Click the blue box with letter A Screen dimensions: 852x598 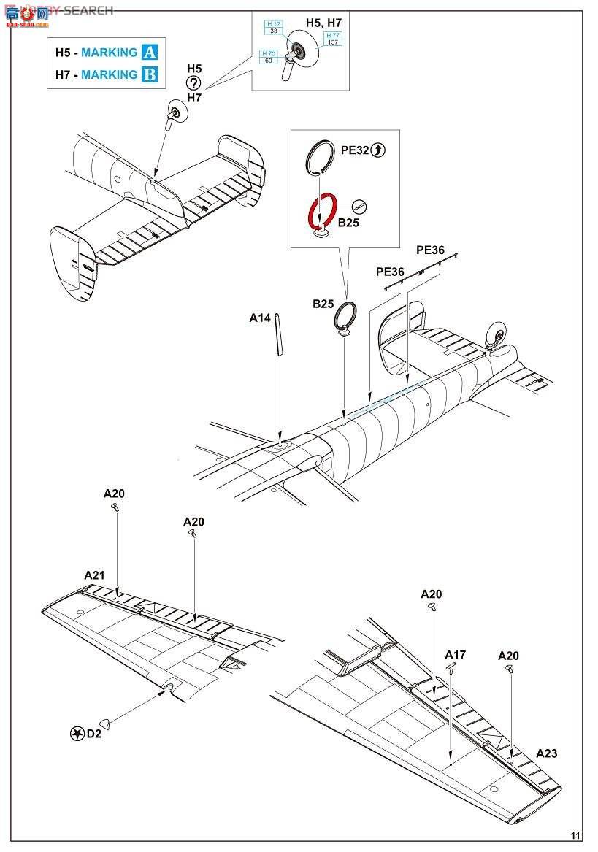point(149,52)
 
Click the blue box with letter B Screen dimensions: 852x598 point(149,74)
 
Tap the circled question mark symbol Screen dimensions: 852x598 point(193,83)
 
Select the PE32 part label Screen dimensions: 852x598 point(355,150)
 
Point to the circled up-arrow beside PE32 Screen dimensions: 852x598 point(377,150)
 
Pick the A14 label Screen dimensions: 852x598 point(260,318)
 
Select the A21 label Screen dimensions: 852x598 point(94,575)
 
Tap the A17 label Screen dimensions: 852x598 point(456,655)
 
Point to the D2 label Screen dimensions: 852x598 point(93,734)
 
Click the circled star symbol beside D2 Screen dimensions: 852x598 point(76,734)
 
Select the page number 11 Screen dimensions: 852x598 point(576,836)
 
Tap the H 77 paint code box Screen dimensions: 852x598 point(333,39)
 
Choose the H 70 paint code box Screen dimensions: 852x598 point(268,57)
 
